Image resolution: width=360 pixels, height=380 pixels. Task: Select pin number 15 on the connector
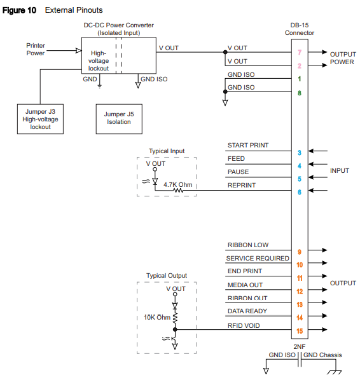[299, 330]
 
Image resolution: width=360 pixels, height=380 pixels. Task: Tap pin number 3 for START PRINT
[299, 153]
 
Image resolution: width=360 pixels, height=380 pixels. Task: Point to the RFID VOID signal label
[244, 325]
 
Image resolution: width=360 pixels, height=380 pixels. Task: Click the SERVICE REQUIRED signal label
[258, 259]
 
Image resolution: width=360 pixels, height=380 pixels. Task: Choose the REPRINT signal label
[242, 186]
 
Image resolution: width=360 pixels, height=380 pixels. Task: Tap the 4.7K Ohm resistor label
[179, 185]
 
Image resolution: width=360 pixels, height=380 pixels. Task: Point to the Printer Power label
[36, 50]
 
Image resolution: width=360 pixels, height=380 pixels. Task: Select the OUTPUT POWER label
[342, 58]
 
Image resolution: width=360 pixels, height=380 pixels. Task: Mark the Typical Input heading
[167, 151]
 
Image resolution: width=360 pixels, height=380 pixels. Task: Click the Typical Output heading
[167, 276]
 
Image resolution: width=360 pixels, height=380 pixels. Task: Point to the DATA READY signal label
[247, 311]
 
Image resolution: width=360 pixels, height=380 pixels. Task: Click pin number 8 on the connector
[299, 93]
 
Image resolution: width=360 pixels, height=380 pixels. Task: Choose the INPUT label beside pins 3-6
[339, 172]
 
